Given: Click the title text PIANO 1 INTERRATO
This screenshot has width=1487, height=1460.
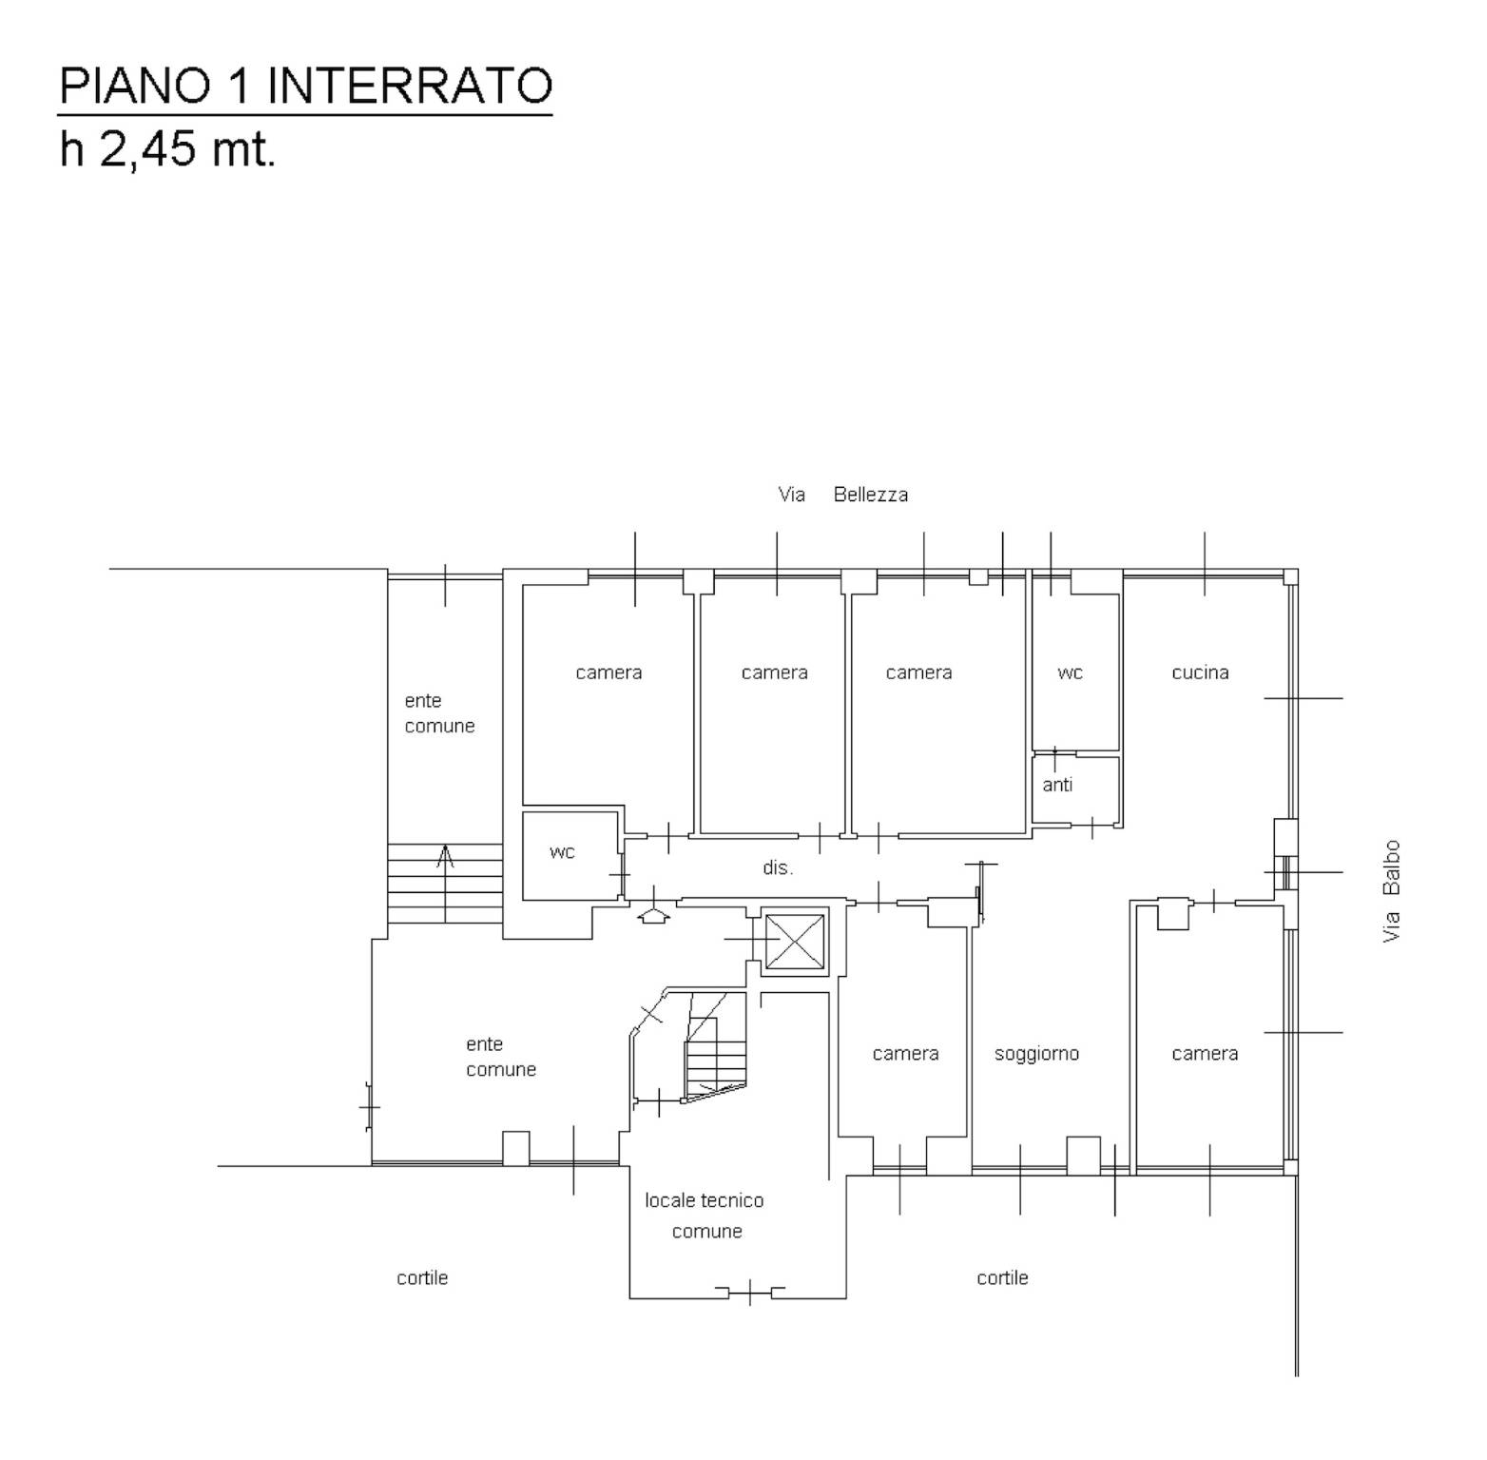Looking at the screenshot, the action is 305,86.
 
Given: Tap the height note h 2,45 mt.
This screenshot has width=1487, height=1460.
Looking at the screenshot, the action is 167,148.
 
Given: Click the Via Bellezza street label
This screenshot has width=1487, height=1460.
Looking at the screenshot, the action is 843,495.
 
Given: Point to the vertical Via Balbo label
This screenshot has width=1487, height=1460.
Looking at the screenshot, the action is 1392,891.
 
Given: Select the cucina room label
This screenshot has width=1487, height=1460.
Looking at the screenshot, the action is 1200,672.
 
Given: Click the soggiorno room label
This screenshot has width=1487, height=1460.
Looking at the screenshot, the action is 1036,1054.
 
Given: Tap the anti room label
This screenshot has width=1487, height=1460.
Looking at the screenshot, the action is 1057,785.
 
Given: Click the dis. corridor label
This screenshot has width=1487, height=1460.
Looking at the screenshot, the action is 778,867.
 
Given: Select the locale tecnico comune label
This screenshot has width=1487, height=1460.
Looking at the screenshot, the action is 705,1216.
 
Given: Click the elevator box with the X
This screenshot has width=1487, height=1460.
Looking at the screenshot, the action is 795,941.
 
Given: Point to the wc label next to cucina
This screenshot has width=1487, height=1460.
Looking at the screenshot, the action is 1070,673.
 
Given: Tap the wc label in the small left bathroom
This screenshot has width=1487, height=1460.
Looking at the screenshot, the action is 562,852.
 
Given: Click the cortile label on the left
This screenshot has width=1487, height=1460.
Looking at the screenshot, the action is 422,1277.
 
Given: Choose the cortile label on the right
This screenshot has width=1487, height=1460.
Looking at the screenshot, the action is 1002,1277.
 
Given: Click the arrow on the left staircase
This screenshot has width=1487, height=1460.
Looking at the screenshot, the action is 445,885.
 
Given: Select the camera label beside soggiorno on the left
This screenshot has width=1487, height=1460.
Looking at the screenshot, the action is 905,1054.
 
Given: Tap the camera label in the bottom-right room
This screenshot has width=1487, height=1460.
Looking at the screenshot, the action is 1205,1054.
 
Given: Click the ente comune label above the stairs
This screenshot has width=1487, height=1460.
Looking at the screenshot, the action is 439,713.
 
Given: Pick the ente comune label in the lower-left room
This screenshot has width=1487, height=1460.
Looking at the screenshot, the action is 501,1057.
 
